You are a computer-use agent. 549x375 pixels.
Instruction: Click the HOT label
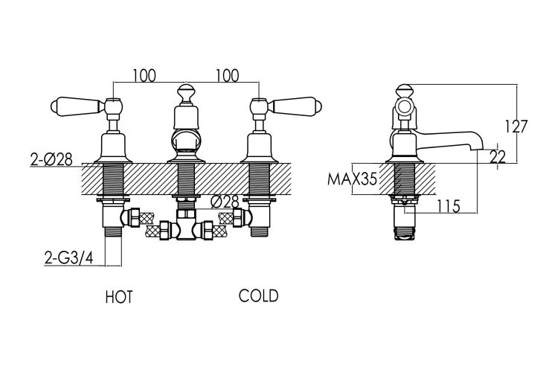[119, 297]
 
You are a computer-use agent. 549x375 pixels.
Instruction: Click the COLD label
[259, 296]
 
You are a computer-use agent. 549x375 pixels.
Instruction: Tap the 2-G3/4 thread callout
[69, 258]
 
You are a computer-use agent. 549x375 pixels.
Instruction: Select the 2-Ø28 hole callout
[51, 159]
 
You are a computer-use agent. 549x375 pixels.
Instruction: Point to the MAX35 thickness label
[352, 179]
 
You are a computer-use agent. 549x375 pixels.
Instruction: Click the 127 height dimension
[515, 126]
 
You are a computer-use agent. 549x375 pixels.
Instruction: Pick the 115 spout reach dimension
[448, 206]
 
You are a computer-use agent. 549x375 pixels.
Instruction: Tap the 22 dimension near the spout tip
[498, 157]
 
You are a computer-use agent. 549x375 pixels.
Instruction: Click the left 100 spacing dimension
[144, 75]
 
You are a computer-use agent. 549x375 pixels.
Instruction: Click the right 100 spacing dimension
[227, 75]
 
